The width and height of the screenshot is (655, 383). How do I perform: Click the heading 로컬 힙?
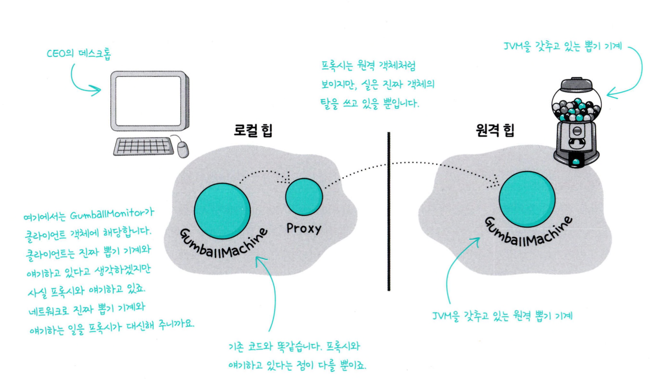pos(253,130)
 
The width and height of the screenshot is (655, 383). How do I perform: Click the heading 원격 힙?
pos(495,130)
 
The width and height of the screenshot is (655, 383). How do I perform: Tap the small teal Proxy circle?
pos(304,197)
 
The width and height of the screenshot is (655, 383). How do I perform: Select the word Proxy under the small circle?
pos(304,228)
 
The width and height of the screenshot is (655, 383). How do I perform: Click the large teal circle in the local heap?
pos(222,210)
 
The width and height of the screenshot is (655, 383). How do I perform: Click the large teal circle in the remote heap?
pos(527,199)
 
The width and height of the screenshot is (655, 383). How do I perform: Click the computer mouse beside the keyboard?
pos(182,149)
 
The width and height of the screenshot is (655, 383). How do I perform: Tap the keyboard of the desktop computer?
pos(144,146)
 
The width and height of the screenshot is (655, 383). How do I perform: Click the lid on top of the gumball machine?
pos(576,84)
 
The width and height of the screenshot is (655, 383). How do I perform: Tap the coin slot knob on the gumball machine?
pos(576,131)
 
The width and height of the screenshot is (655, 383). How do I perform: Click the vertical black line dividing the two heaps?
pos(388,212)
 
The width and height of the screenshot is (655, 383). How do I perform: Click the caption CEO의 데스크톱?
pos(79,54)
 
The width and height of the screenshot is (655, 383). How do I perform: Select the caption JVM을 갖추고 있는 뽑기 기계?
pos(563,46)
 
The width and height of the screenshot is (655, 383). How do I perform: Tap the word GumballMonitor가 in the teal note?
pos(112,214)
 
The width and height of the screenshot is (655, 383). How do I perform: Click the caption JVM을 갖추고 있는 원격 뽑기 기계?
pos(502,316)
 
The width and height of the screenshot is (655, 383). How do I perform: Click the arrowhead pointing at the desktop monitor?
pos(96,90)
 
